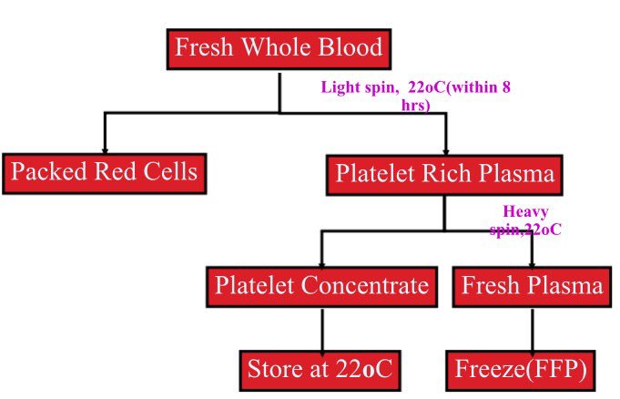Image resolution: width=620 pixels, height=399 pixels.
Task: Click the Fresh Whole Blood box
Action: coord(279,47)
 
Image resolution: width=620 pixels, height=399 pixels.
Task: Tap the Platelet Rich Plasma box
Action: coord(443,172)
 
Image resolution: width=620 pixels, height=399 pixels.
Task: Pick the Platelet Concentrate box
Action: coord(321,287)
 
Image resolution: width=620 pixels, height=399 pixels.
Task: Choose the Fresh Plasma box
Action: coord(532,287)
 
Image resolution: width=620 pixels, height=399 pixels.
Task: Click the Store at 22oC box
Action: coord(321,370)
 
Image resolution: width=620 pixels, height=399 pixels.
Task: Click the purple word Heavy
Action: coord(525,213)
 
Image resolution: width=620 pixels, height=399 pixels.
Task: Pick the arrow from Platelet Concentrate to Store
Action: coord(321,329)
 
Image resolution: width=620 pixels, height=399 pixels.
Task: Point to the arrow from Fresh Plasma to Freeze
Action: coord(532,329)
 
